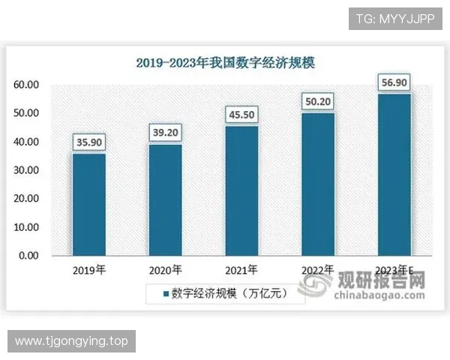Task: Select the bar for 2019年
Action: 88,204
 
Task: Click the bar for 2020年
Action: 165,199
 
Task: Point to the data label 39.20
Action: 165,132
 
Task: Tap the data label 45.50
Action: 241,114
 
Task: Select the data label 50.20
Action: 318,100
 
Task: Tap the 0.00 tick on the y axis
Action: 29,256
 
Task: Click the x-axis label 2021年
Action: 241,270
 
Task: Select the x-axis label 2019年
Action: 88,270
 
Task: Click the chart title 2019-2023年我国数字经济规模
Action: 225,63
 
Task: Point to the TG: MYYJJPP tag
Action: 395,18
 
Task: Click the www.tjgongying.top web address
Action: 72,341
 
